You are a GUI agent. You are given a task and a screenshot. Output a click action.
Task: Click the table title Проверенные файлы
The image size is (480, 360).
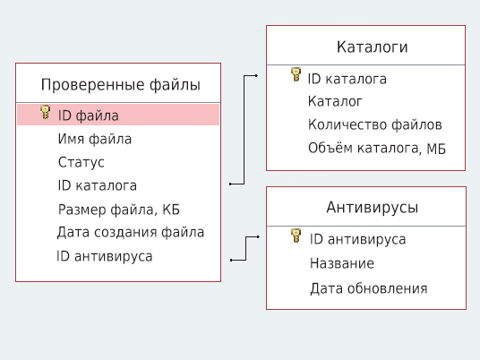click(x=120, y=85)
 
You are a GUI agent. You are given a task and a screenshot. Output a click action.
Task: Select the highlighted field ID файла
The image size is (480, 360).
click(x=88, y=116)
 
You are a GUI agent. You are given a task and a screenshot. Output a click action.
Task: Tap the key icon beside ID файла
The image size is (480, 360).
click(x=46, y=113)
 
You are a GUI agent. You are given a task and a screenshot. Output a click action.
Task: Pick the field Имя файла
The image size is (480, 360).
click(x=94, y=139)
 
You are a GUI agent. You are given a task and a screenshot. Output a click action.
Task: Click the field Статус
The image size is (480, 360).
click(x=81, y=162)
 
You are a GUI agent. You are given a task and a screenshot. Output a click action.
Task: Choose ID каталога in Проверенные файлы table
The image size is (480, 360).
click(x=97, y=185)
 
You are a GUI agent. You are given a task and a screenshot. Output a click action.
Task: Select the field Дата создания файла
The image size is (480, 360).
click(x=130, y=233)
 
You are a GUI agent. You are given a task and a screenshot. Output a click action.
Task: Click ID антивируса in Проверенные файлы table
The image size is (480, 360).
click(x=104, y=256)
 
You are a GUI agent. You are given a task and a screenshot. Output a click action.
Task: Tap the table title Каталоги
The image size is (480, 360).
click(x=366, y=47)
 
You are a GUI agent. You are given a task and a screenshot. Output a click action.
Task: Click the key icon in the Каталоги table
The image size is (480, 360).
click(x=296, y=76)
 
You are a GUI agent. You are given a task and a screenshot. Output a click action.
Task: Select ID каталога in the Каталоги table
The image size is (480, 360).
click(x=347, y=79)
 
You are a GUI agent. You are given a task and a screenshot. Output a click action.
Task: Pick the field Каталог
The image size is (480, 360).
click(x=335, y=101)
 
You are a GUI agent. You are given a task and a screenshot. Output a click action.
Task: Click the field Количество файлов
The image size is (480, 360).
click(x=374, y=124)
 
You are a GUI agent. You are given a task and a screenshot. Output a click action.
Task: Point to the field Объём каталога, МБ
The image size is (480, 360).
click(x=377, y=148)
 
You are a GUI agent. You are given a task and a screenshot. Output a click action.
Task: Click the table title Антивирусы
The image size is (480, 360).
click(x=366, y=208)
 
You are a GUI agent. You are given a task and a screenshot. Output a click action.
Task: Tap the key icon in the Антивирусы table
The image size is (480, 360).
click(x=296, y=236)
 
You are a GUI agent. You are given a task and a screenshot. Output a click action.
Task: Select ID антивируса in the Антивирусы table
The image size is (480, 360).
click(x=357, y=239)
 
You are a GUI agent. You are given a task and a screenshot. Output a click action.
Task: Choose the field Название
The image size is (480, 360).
click(x=342, y=263)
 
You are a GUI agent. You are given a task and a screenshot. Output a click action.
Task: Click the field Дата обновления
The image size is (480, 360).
click(x=368, y=288)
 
